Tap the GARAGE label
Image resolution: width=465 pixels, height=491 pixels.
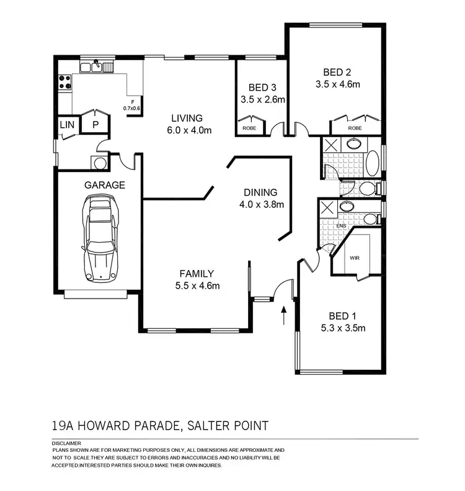(x=105, y=185)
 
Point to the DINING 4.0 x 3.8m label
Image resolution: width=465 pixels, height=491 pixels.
(x=260, y=198)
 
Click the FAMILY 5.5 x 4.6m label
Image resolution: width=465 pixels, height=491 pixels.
(x=197, y=279)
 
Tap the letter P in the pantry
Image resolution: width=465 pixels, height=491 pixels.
(x=95, y=125)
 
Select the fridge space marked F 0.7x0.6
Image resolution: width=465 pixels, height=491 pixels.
(x=132, y=106)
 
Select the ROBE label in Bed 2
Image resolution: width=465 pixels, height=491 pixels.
(x=354, y=127)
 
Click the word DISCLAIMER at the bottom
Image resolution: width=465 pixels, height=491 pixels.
(x=65, y=443)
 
